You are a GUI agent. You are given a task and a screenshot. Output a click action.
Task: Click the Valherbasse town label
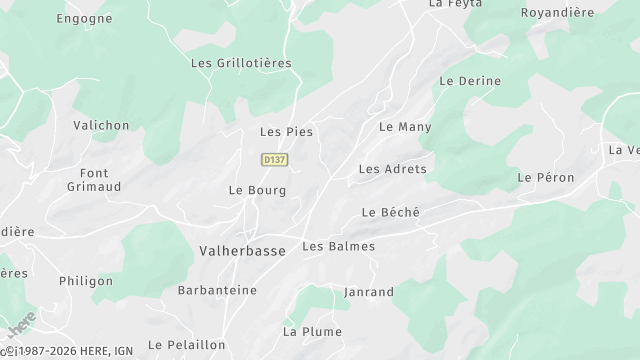tap(242, 251)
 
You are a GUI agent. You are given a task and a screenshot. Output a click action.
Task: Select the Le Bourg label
tap(257, 190)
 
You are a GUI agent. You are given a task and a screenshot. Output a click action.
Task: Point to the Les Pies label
tap(286, 132)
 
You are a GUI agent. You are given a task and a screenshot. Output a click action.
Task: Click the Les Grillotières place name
tap(240, 62)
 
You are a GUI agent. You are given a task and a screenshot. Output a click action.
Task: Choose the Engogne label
tap(84, 18)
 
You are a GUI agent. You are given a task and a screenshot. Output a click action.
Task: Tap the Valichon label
tap(101, 125)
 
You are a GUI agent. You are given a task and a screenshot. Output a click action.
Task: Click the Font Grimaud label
tap(93, 179)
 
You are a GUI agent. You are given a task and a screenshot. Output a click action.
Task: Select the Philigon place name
tap(86, 281)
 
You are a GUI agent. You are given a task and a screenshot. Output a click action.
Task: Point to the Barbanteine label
tap(216, 290)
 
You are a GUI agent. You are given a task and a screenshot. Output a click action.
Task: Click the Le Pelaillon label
tap(186, 344)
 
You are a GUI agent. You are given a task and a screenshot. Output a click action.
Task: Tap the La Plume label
tap(312, 331)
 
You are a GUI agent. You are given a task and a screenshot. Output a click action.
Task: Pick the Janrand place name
tap(368, 292)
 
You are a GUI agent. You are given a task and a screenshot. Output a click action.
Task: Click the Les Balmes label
tap(338, 246)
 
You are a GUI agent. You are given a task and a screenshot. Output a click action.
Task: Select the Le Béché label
tap(391, 212)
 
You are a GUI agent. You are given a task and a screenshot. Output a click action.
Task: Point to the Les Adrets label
tap(392, 169)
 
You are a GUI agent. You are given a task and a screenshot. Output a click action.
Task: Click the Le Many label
tap(405, 127)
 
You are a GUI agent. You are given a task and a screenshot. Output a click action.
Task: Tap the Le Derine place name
tap(470, 81)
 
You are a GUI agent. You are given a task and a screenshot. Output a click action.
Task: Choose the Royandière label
tap(558, 13)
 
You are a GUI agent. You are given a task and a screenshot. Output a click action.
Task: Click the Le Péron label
tap(546, 177)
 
